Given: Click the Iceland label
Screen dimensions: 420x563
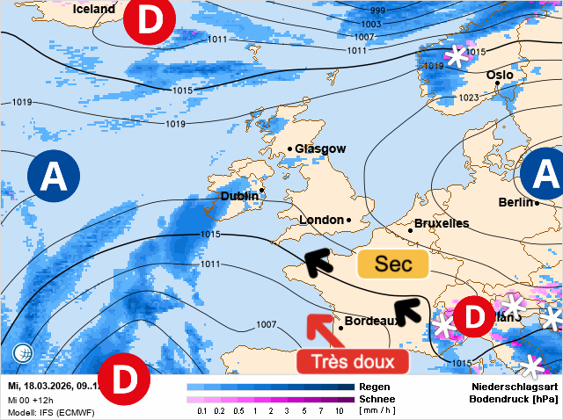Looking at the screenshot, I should click(x=94, y=9).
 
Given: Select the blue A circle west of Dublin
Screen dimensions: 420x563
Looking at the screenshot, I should click(x=54, y=178).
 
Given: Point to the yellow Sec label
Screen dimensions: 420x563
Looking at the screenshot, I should click(x=392, y=264).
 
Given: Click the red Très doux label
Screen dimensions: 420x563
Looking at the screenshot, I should click(x=352, y=361).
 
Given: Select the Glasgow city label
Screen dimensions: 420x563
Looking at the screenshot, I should click(x=320, y=149).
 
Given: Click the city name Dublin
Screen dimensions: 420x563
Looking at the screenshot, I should click(x=238, y=196).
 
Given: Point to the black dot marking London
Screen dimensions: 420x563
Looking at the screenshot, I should click(x=349, y=220).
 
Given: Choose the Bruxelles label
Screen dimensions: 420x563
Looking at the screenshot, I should click(x=441, y=223).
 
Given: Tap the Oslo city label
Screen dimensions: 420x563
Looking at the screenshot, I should click(x=500, y=76).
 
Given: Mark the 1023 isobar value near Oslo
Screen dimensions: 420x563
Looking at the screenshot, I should click(x=469, y=98).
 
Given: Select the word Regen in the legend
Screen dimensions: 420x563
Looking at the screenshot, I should click(x=376, y=387).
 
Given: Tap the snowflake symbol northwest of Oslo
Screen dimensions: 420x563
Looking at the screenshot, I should click(x=457, y=56).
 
